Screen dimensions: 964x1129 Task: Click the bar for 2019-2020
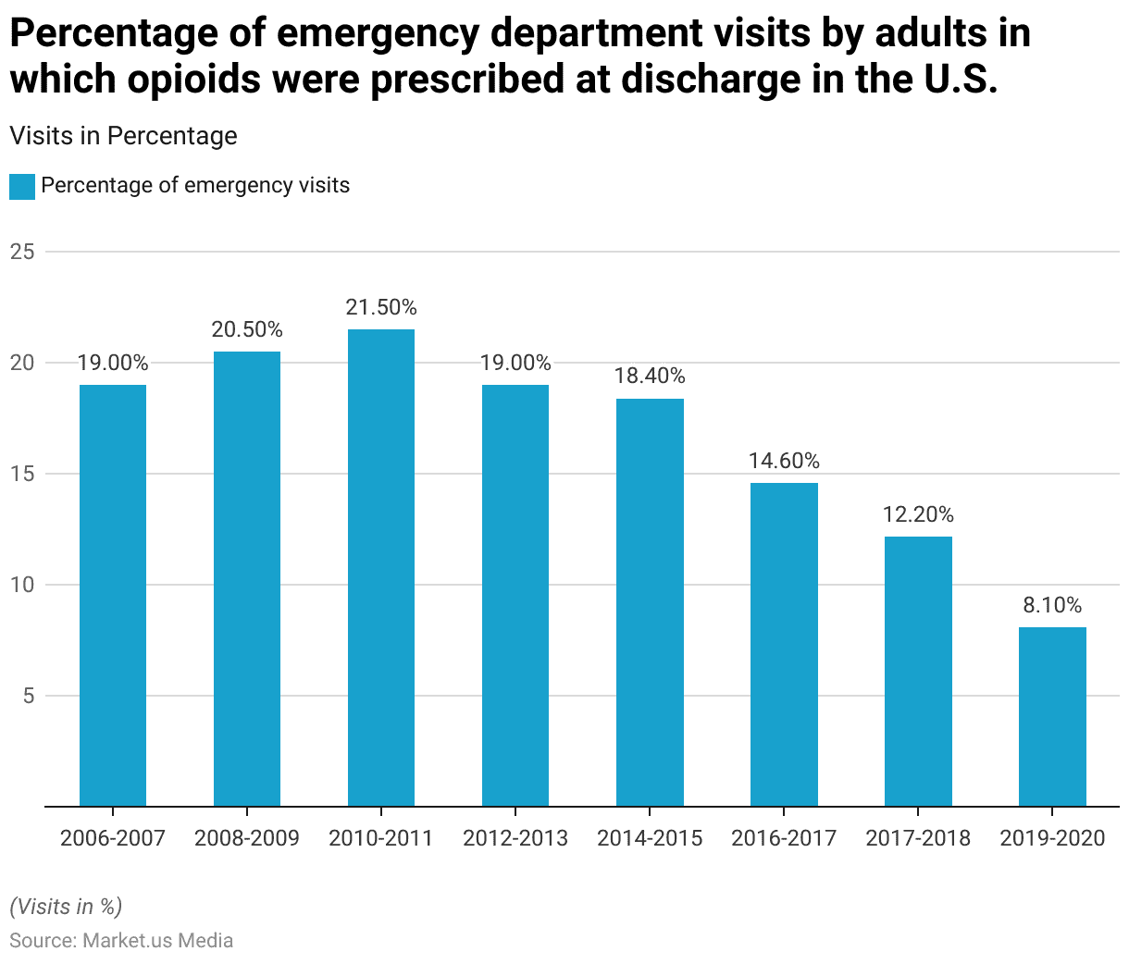click(1052, 717)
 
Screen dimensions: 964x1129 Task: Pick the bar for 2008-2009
click(247, 578)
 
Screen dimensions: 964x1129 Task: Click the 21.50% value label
click(381, 307)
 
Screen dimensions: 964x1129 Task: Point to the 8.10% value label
click(1052, 605)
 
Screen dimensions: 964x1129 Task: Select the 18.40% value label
click(650, 376)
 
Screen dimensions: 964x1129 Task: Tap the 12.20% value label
click(918, 514)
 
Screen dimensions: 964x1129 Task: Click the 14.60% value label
click(784, 461)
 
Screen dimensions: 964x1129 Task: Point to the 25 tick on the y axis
click(22, 252)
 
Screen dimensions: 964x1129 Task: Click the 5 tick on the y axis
click(28, 696)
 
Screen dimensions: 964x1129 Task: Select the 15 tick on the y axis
click(22, 474)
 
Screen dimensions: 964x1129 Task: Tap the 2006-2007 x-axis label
click(113, 838)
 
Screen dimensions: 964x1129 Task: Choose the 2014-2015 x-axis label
click(650, 838)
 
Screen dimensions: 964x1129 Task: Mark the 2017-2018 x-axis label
click(918, 838)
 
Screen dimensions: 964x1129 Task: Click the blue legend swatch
click(22, 186)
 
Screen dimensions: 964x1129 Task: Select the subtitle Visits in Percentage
click(123, 136)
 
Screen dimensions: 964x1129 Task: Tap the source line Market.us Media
click(121, 941)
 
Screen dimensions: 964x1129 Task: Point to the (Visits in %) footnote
click(66, 906)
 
